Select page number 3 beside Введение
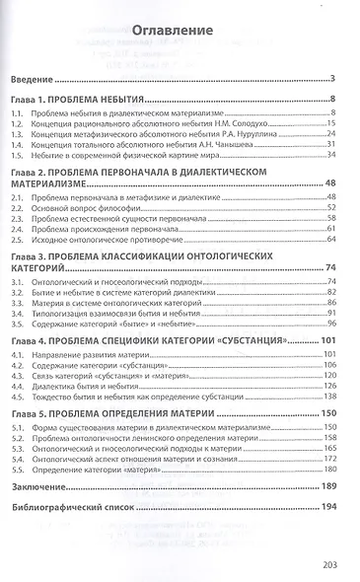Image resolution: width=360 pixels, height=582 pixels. (335, 78)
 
